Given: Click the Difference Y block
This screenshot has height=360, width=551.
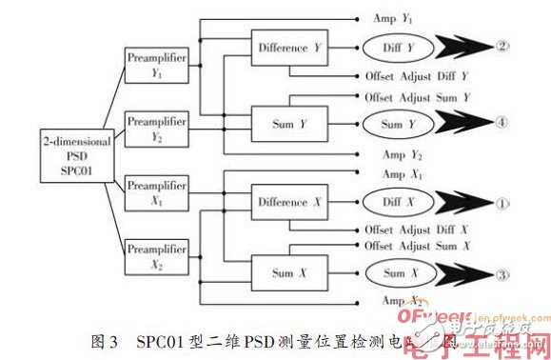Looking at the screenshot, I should pos(288,48).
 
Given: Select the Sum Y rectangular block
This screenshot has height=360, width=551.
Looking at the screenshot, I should pos(288,122).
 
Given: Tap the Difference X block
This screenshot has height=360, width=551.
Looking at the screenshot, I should pos(288,203).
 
